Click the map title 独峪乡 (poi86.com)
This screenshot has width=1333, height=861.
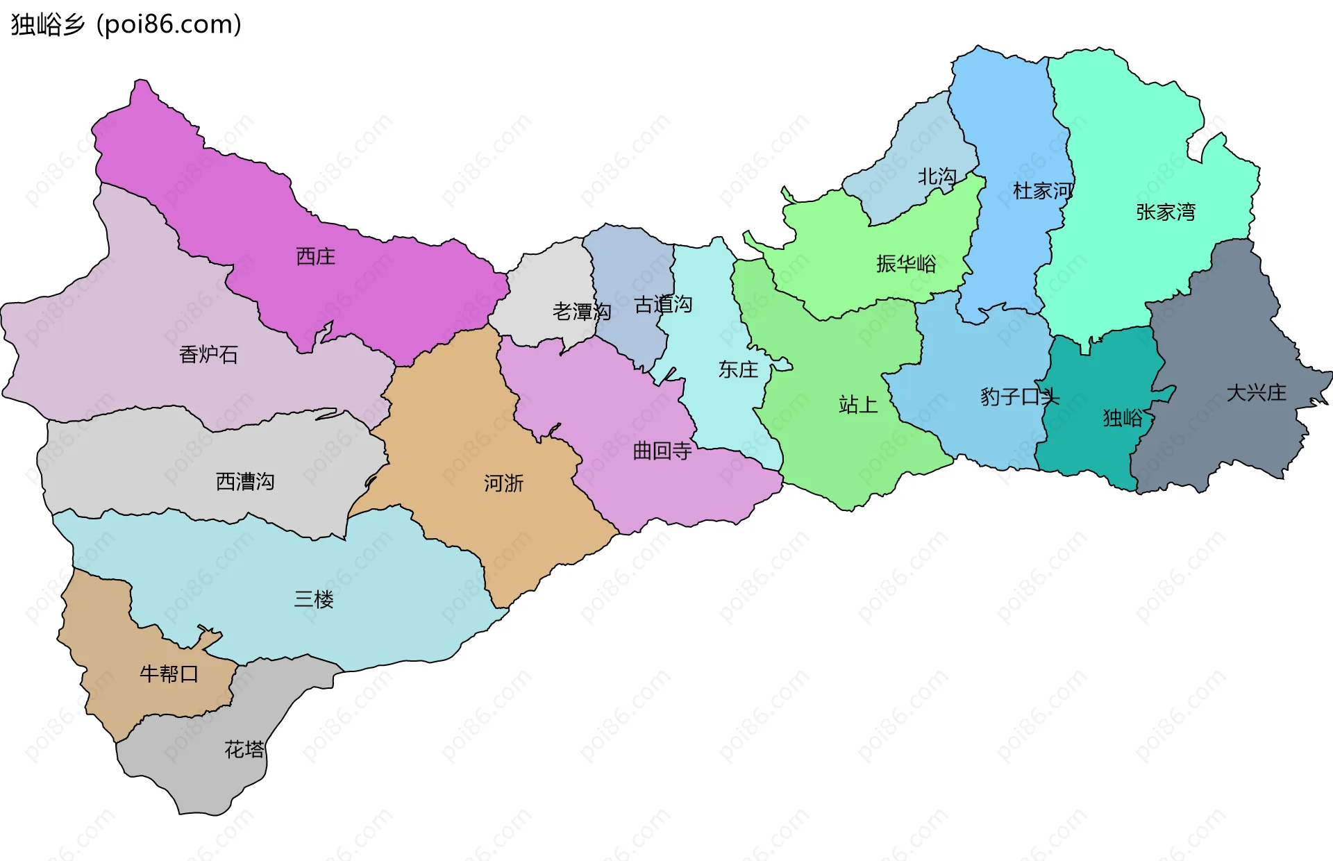[126, 25]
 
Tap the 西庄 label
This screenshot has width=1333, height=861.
[316, 257]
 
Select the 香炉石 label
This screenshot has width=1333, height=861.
[208, 355]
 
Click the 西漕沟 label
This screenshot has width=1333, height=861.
[245, 482]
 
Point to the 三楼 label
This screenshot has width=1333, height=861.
[314, 599]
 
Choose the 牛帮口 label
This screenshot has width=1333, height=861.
[169, 674]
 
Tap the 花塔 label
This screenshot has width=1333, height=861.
[244, 749]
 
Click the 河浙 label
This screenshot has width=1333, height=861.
[503, 483]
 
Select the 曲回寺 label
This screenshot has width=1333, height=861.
[662, 451]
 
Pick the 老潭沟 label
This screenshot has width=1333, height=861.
[582, 312]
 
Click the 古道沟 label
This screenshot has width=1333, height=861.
[663, 304]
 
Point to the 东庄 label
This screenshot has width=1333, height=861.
[738, 369]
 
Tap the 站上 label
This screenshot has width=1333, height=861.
[858, 404]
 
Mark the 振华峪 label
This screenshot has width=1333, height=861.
[906, 264]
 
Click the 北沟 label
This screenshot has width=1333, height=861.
[937, 177]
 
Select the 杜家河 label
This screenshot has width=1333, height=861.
[1043, 190]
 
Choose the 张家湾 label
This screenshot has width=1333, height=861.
[1166, 212]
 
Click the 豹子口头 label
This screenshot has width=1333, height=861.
[1020, 396]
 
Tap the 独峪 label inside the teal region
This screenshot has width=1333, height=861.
[1123, 418]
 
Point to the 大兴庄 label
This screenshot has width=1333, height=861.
[1256, 393]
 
